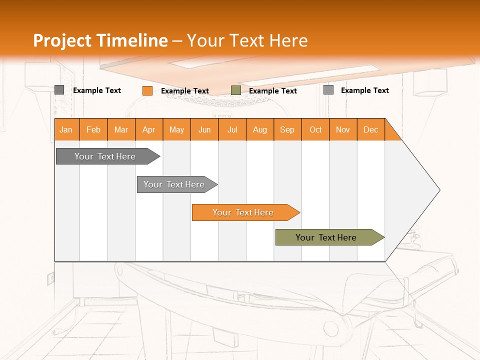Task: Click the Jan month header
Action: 66,129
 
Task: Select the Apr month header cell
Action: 149,129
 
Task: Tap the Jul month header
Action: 232,129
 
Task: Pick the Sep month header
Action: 287,129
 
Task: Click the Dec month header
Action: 370,129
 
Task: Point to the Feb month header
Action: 93,129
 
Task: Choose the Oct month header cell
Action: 315,129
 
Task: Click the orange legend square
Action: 147,90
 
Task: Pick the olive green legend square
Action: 236,90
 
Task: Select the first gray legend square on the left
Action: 59,90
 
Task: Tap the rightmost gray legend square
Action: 328,90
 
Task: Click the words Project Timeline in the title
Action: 100,40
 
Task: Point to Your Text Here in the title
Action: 247,40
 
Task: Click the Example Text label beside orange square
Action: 185,91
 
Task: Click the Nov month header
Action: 343,129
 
